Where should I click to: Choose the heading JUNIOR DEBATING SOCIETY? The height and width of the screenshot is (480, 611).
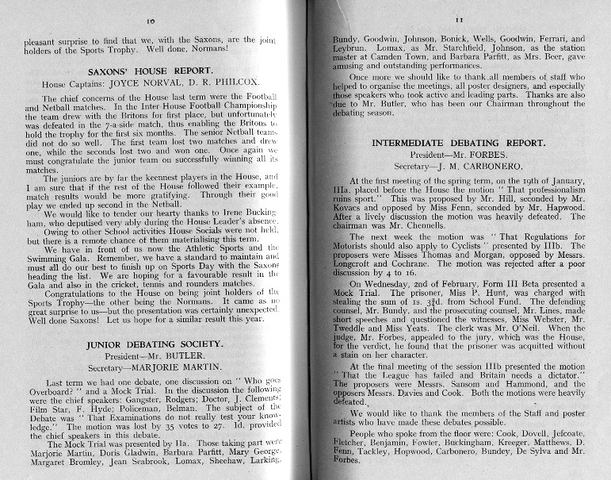coord(149,345)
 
